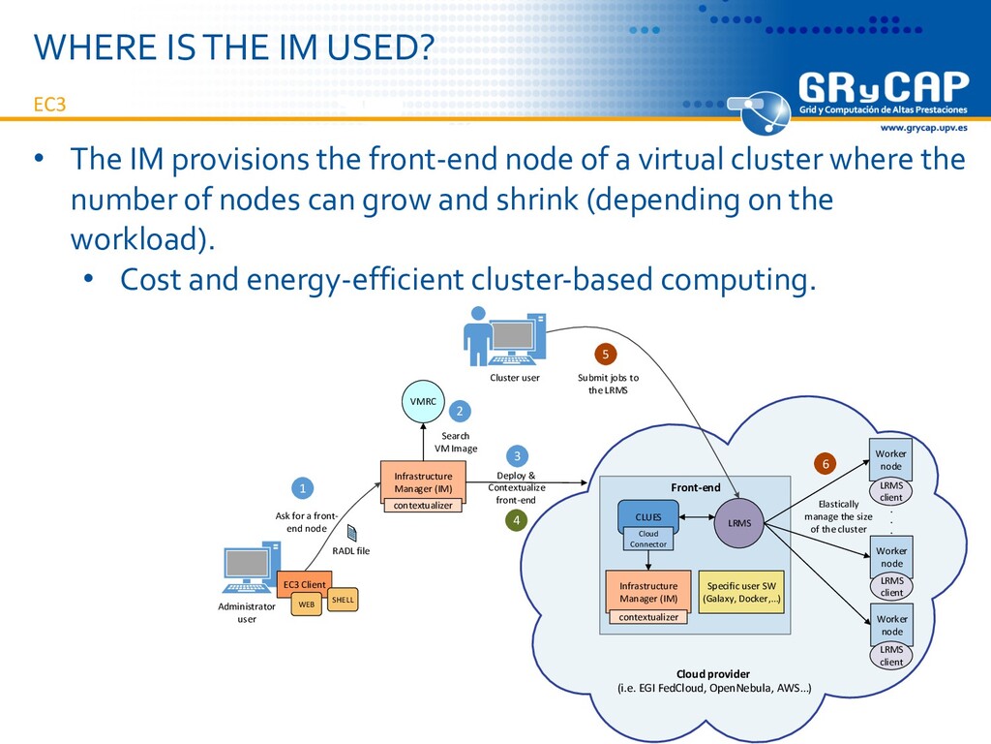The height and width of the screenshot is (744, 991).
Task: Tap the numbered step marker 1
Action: click(x=303, y=487)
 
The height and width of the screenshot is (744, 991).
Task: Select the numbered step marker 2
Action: click(x=460, y=412)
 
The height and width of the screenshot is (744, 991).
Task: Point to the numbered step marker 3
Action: click(x=517, y=455)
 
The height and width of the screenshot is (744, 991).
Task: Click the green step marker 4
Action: click(x=516, y=521)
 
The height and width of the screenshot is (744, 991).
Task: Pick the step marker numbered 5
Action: click(x=606, y=354)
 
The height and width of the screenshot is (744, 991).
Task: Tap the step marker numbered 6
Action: click(x=826, y=464)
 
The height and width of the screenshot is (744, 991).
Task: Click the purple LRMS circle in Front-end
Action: click(x=739, y=523)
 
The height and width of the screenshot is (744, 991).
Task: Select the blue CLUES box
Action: click(x=648, y=517)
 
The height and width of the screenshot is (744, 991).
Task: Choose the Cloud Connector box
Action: click(x=648, y=539)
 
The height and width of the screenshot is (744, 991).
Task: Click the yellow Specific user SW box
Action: click(x=742, y=592)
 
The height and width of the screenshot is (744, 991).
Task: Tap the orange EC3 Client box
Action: click(x=304, y=584)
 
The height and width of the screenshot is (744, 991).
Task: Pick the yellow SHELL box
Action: click(x=343, y=601)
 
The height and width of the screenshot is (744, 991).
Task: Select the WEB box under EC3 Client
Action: click(x=306, y=604)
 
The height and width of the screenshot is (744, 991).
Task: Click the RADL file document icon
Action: click(x=352, y=533)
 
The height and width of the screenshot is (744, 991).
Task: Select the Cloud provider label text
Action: click(x=712, y=673)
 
